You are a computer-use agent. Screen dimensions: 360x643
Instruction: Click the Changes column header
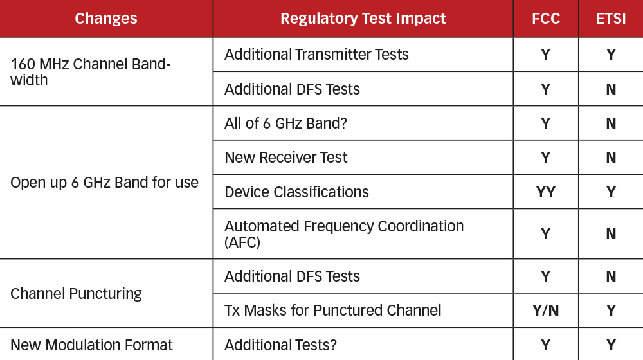tap(106, 19)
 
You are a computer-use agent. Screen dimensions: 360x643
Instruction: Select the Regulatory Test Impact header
tap(363, 19)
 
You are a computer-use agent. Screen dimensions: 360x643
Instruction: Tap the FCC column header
tap(545, 19)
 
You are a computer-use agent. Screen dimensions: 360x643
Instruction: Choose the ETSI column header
tap(610, 19)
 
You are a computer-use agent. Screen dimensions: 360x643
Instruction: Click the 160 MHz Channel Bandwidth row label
tap(90, 72)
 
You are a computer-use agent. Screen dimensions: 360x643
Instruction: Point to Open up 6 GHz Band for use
tap(104, 183)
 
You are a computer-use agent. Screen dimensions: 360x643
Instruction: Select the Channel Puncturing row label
tap(76, 294)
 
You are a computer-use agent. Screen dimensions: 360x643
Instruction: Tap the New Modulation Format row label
tap(91, 345)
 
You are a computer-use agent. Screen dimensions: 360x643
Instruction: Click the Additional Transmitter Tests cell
tap(316, 55)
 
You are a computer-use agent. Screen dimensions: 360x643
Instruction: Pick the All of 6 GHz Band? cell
tap(285, 123)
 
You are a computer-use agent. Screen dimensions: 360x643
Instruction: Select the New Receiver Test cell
tap(285, 157)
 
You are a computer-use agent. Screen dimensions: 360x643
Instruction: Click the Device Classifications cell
tap(296, 192)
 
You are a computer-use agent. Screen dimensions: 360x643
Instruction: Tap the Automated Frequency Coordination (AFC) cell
tap(343, 234)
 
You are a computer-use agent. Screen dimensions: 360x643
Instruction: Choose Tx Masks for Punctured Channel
tap(332, 310)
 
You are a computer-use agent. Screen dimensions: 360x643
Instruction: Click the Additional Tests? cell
tap(280, 345)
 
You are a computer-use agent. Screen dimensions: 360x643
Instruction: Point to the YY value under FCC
tap(545, 192)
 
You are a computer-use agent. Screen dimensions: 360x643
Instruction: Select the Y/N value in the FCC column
tap(545, 310)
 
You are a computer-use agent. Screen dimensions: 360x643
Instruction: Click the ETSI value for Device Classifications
tap(610, 192)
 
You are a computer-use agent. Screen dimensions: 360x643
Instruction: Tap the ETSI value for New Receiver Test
tap(610, 157)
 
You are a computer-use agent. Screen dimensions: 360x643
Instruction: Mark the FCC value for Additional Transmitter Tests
tap(545, 55)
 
